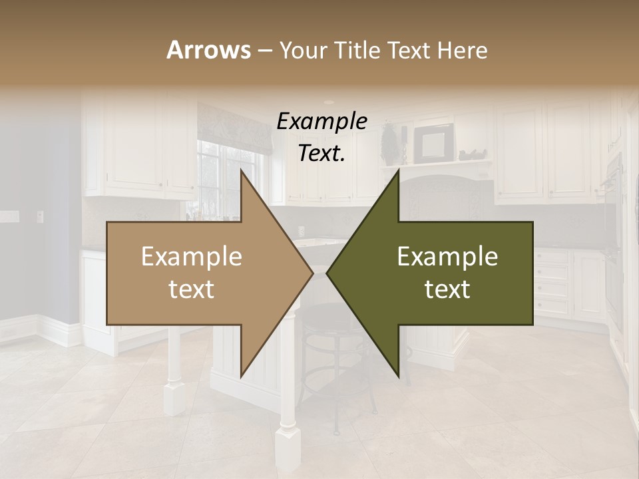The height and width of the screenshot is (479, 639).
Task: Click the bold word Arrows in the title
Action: coord(208,50)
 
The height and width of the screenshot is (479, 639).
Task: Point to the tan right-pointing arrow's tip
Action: coord(312,273)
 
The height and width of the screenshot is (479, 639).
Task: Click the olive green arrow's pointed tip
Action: coord(327,273)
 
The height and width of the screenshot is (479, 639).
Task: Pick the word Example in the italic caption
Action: coord(322,121)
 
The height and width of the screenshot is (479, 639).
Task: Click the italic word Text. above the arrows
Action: coord(322,154)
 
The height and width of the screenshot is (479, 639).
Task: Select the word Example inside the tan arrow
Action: coord(192,257)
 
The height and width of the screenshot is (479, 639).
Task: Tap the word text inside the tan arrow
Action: coord(192,289)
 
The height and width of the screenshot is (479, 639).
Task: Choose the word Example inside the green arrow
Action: coord(447,257)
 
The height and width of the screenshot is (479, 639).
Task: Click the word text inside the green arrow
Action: coord(447,289)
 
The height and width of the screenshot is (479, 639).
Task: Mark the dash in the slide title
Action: coord(264,51)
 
